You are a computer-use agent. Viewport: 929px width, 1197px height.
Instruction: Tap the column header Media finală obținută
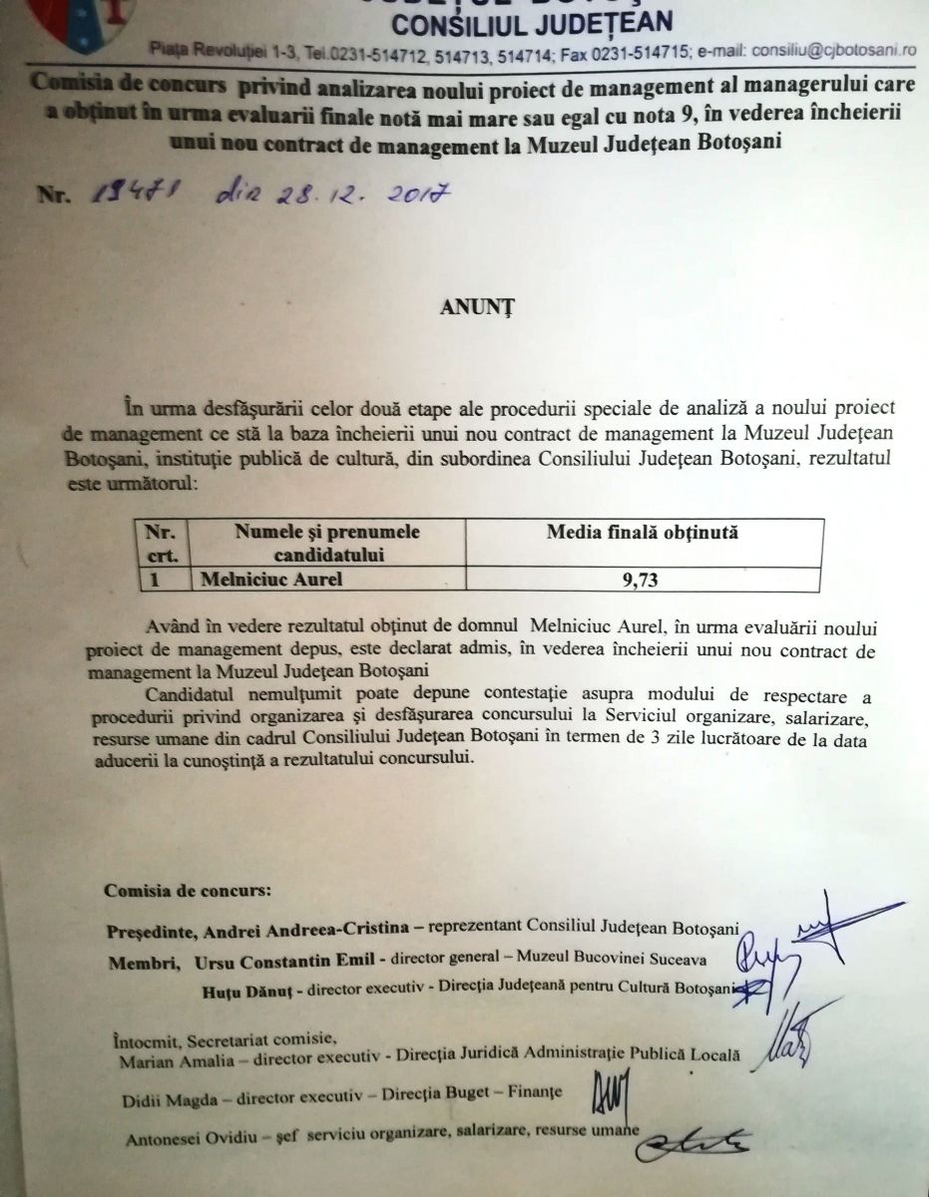(642, 533)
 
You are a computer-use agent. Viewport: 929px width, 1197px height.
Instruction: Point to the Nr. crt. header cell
(160, 542)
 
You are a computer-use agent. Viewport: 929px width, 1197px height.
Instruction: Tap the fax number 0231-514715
(648, 48)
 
